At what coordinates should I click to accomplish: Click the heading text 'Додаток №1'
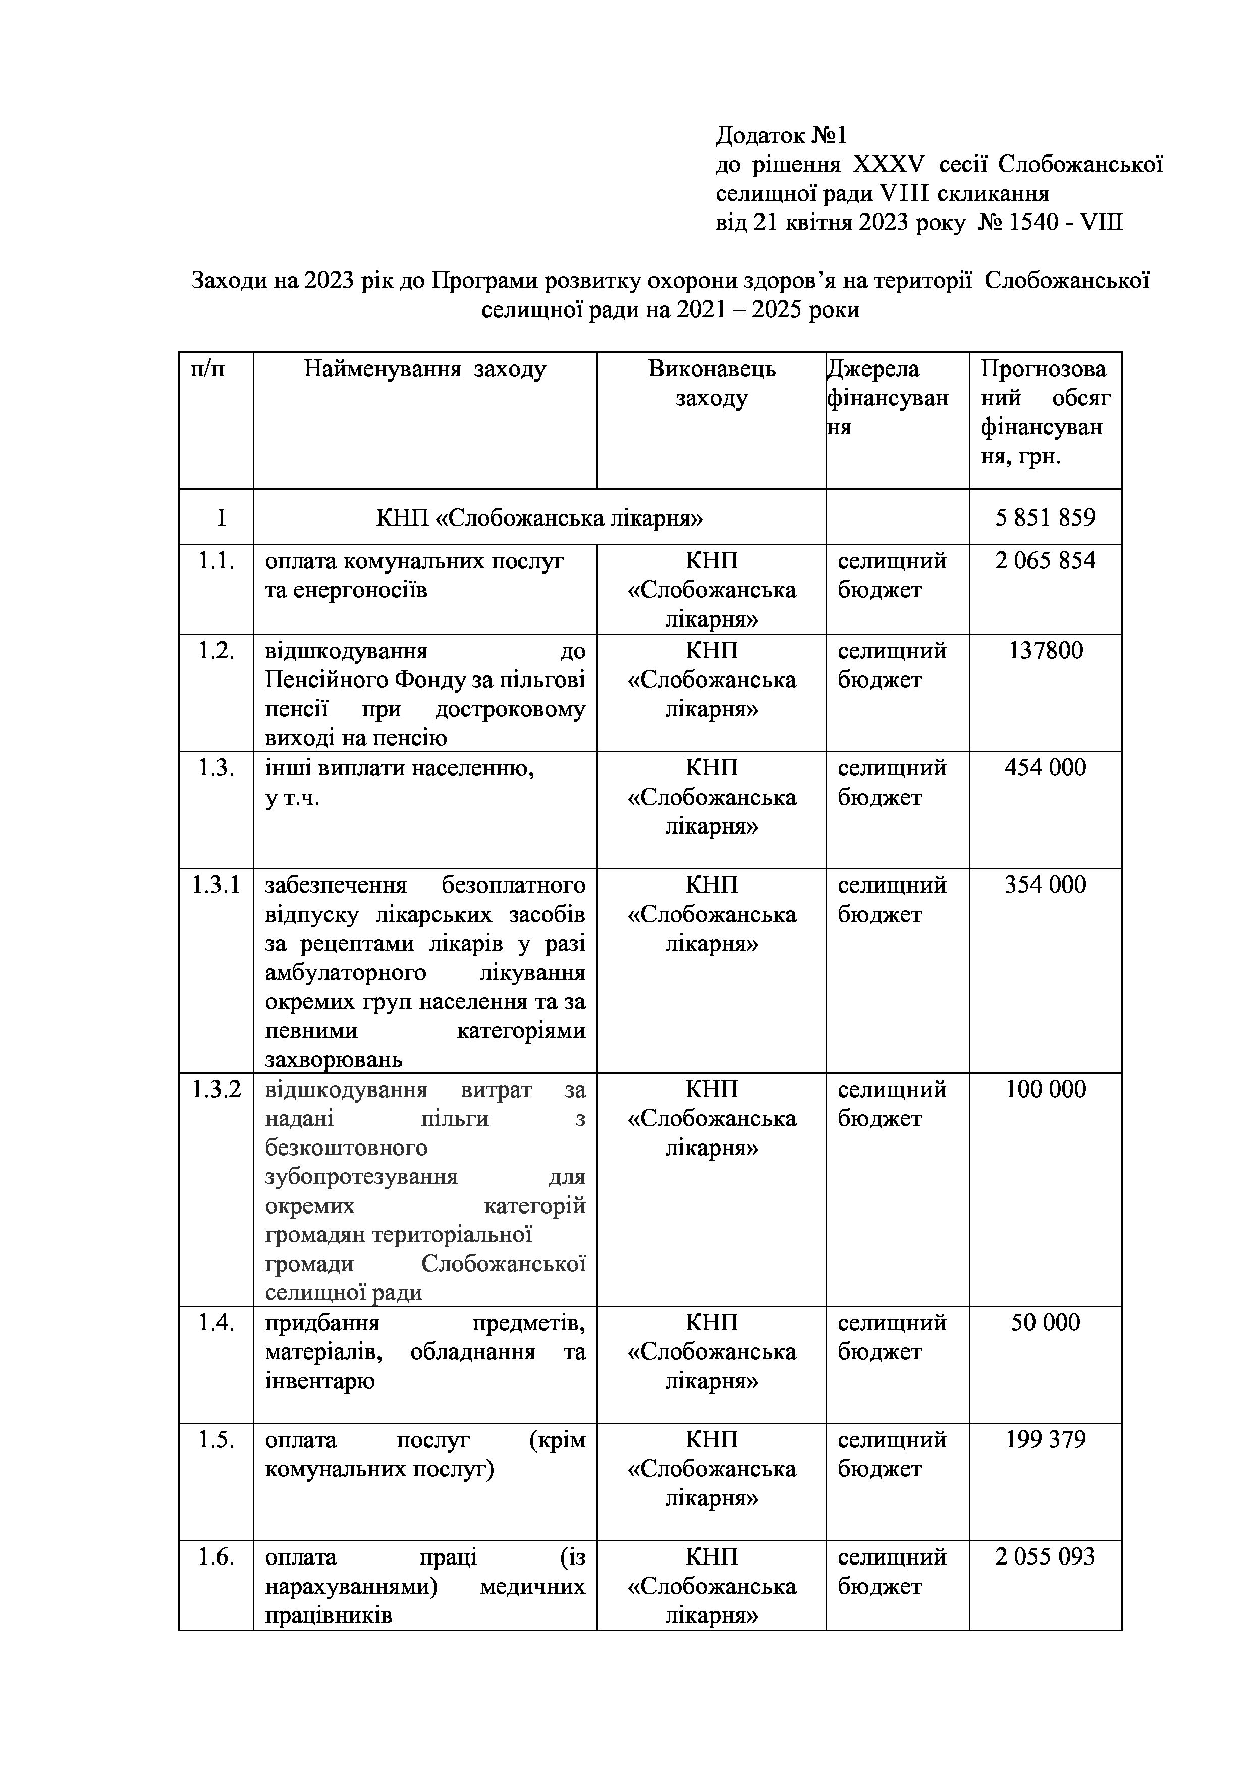pyautogui.click(x=781, y=136)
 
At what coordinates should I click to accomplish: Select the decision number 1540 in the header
pyautogui.click(x=1036, y=223)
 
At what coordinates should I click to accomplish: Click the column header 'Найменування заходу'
pyautogui.click(x=425, y=369)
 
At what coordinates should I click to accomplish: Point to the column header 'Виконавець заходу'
pyautogui.click(x=712, y=383)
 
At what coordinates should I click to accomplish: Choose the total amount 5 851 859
pyautogui.click(x=1045, y=517)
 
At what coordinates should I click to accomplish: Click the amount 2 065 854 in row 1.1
pyautogui.click(x=1045, y=561)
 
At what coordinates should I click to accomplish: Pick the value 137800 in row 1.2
pyautogui.click(x=1046, y=651)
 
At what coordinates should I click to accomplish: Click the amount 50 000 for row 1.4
pyautogui.click(x=1046, y=1322)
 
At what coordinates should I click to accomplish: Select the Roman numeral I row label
pyautogui.click(x=221, y=517)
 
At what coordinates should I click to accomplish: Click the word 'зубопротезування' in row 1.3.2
pyautogui.click(x=361, y=1177)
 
